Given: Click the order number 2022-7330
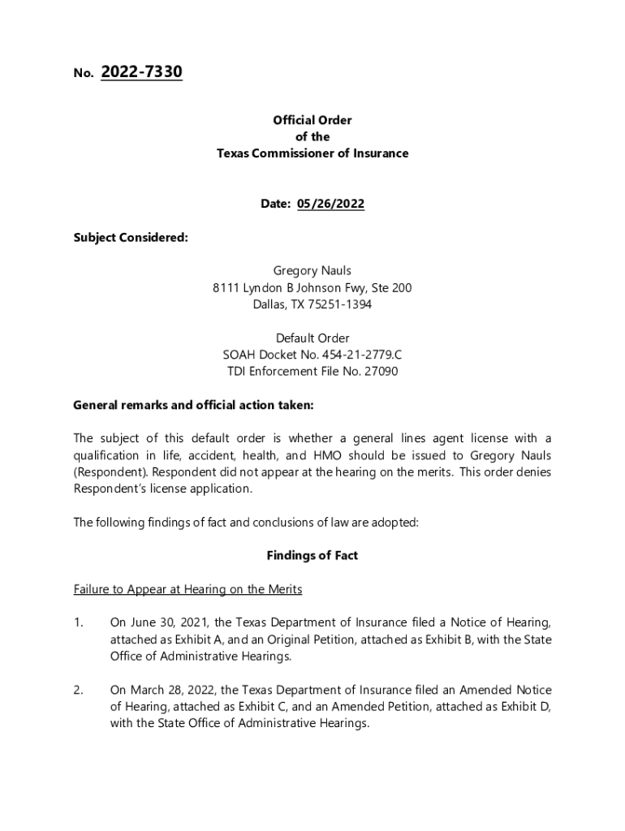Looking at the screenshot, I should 141,72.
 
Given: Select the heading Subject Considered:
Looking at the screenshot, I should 131,238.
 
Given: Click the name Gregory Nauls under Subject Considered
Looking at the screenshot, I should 312,271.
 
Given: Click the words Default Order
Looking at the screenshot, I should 312,338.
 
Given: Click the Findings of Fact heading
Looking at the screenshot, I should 312,556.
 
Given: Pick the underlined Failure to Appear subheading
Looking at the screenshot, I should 187,589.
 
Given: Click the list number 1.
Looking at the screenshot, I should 78,622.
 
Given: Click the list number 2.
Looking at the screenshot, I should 78,690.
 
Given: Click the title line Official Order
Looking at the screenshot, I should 312,120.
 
